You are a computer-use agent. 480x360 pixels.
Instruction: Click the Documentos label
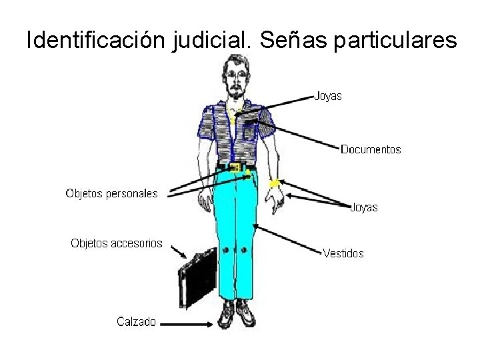point(371,149)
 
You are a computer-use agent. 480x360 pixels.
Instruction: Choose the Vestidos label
point(343,253)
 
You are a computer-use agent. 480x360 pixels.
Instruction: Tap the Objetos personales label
point(111,193)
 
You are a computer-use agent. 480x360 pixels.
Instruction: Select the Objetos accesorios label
point(117,243)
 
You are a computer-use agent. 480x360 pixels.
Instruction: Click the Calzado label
point(137,322)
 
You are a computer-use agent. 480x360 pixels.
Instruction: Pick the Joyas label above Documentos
point(328,96)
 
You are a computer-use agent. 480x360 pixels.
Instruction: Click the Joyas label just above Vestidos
point(364,207)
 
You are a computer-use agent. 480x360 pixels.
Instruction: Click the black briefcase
point(197,277)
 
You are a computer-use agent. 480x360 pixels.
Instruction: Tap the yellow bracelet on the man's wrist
point(273,183)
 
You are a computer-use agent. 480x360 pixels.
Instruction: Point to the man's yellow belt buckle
point(234,167)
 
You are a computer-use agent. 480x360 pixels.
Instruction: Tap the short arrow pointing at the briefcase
point(178,251)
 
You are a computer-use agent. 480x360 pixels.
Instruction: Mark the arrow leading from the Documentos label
point(297,133)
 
